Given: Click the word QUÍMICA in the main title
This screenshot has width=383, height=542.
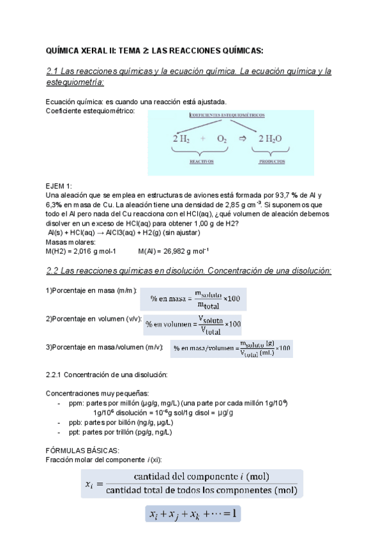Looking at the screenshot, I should pyautogui.click(x=65, y=50).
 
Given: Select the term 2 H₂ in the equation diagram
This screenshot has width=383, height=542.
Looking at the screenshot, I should pyautogui.click(x=181, y=138).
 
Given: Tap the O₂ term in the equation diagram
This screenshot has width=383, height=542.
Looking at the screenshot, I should pyautogui.click(x=221, y=138).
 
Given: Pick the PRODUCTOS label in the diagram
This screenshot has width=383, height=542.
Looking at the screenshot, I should pyautogui.click(x=271, y=162).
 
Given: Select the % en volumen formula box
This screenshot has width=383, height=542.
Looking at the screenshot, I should pyautogui.click(x=193, y=323).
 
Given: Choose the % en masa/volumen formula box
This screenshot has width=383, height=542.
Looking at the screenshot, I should pyautogui.click(x=232, y=348).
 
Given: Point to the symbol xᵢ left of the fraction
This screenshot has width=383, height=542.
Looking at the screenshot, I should pyautogui.click(x=89, y=484).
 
